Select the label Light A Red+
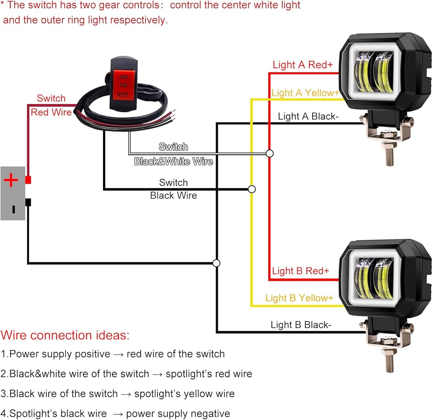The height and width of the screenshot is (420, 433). coord(303,65)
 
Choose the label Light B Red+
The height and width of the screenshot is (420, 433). coord(301,271)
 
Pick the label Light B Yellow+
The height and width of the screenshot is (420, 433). coord(299,298)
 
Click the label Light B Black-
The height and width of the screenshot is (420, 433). coord(301,325)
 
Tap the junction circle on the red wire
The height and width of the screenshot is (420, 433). coord(270,153)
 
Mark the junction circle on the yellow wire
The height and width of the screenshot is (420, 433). coord(252,189)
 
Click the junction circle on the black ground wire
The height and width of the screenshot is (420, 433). coord(216,263)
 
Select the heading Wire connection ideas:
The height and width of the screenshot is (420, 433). coord(65,335)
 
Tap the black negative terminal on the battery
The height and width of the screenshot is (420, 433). coord(28,202)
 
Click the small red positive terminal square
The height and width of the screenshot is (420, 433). coord(28,179)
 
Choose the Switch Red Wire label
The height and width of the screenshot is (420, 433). coord(51,105)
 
